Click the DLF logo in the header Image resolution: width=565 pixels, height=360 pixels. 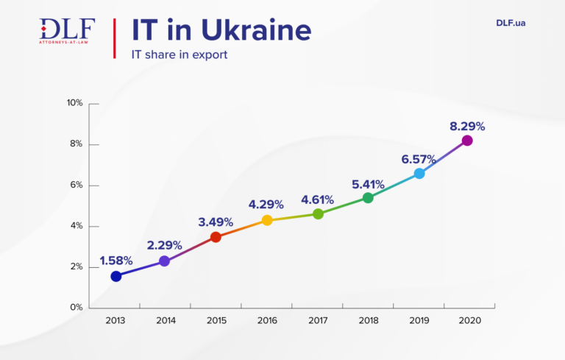click(67, 31)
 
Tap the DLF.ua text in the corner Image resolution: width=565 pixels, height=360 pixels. click(511, 23)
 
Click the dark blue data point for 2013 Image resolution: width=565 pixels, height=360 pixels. click(116, 276)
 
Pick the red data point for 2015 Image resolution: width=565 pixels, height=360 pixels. click(216, 237)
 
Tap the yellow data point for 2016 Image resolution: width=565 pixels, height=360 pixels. click(267, 220)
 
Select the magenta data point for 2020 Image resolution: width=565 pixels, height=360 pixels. click(466, 141)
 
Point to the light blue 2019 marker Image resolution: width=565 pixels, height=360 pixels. click(419, 174)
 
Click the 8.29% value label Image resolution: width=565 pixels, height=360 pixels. click(467, 126)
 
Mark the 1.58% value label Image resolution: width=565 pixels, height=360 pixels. click(116, 261)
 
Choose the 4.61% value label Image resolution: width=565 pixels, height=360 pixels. click(317, 200)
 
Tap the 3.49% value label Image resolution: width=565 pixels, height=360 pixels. click(216, 222)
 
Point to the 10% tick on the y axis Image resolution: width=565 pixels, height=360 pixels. click(74, 103)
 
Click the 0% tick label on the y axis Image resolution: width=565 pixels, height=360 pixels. click(76, 308)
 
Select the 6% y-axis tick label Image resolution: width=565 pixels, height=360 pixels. click(76, 186)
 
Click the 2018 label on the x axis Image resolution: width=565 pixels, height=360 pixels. click(368, 321)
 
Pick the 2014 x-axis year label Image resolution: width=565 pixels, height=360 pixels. click(166, 321)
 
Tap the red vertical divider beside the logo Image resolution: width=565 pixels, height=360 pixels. click(114, 39)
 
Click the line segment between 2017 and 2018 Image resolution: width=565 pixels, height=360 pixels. click(343, 206)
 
